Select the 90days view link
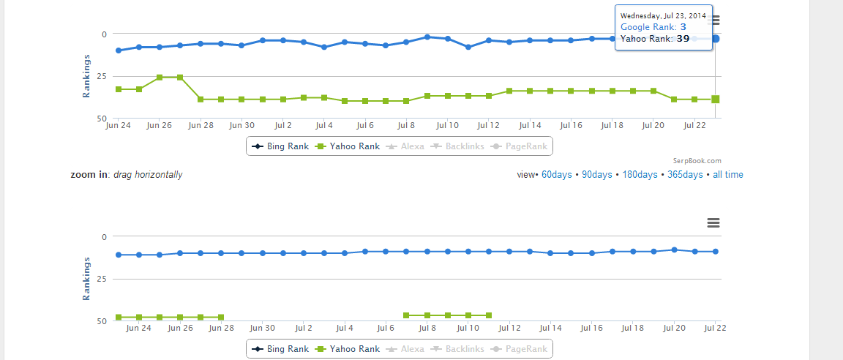[x=598, y=175]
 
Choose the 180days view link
[x=640, y=175]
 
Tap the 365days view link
[x=685, y=175]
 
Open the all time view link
[x=728, y=175]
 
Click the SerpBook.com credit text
[x=697, y=161]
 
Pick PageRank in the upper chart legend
[x=520, y=146]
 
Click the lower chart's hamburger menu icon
[x=713, y=223]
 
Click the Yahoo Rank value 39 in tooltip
[x=683, y=39]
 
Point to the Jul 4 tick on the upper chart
[x=323, y=126]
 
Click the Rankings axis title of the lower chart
[x=86, y=278]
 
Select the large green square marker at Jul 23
[x=716, y=100]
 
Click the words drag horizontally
[x=148, y=175]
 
